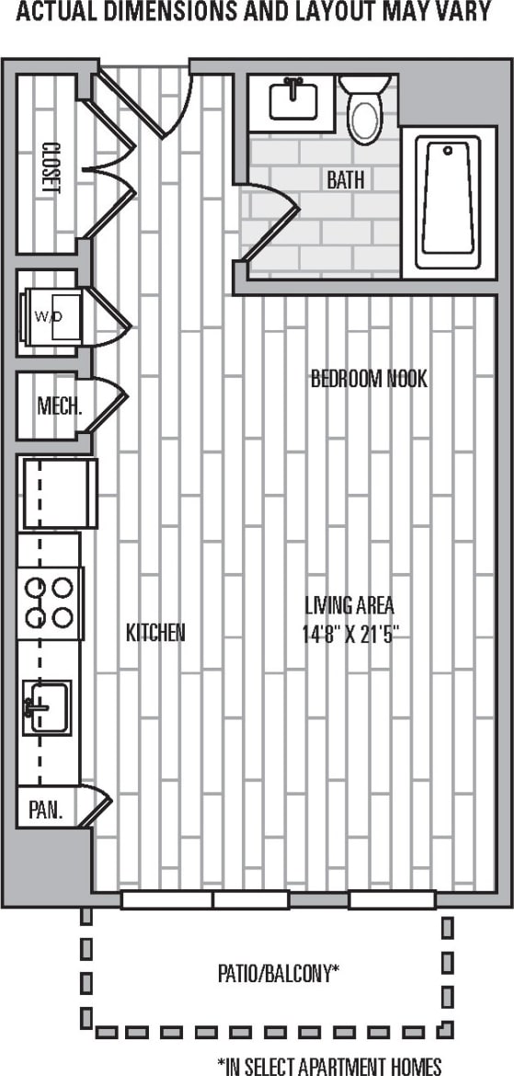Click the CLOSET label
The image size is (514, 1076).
click(51, 166)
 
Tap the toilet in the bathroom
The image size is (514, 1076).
click(365, 109)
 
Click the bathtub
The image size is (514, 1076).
click(448, 202)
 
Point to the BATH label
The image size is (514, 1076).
click(345, 180)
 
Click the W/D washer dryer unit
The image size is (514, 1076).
click(53, 315)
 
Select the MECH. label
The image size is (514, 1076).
click(60, 406)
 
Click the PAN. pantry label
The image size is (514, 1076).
click(46, 810)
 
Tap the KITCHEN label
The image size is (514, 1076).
click(155, 633)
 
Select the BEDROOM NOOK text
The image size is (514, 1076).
click(368, 379)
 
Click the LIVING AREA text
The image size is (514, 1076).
click(349, 605)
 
